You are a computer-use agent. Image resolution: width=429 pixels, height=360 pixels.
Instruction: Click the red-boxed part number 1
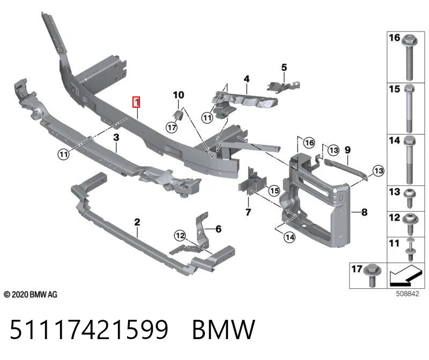[x=136, y=102]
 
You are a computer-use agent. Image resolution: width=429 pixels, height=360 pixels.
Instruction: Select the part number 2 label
[x=137, y=222]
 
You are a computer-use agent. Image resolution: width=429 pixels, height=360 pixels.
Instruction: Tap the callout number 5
[x=284, y=67]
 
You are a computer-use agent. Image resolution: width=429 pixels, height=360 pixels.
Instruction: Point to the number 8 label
[x=365, y=212]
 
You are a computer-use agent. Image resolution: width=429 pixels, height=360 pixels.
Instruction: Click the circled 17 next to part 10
[x=172, y=127]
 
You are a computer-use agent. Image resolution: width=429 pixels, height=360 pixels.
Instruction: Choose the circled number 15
[x=274, y=191]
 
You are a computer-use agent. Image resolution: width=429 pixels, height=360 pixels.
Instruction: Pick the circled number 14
[x=290, y=237]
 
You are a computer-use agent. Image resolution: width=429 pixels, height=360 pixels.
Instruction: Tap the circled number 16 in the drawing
[x=309, y=142]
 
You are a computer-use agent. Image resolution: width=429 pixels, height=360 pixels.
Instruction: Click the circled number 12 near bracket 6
[x=180, y=235]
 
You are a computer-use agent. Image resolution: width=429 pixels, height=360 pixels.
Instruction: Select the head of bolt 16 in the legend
[x=410, y=41]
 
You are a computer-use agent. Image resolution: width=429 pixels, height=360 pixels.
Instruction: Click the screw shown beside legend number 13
[x=410, y=198]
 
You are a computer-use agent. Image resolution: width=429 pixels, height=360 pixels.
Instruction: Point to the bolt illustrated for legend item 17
[x=372, y=275]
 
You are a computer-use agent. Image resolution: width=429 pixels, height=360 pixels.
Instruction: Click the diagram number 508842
[x=408, y=294]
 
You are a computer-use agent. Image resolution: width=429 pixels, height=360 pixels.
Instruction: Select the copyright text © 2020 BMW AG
[x=31, y=295]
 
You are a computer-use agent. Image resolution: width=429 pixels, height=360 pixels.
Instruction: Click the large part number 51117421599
[x=89, y=329]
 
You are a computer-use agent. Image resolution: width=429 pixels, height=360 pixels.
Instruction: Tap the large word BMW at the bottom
[x=224, y=329]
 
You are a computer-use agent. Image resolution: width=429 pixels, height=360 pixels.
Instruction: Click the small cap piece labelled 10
[x=178, y=115]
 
